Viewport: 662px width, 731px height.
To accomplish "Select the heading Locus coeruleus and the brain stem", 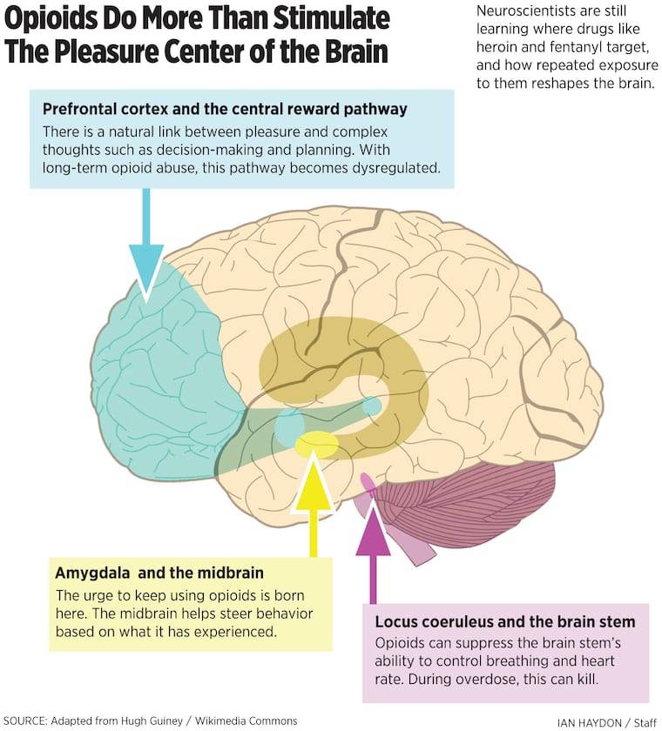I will [x=505, y=621].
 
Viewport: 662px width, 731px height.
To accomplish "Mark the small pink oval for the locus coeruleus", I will [x=368, y=482].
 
